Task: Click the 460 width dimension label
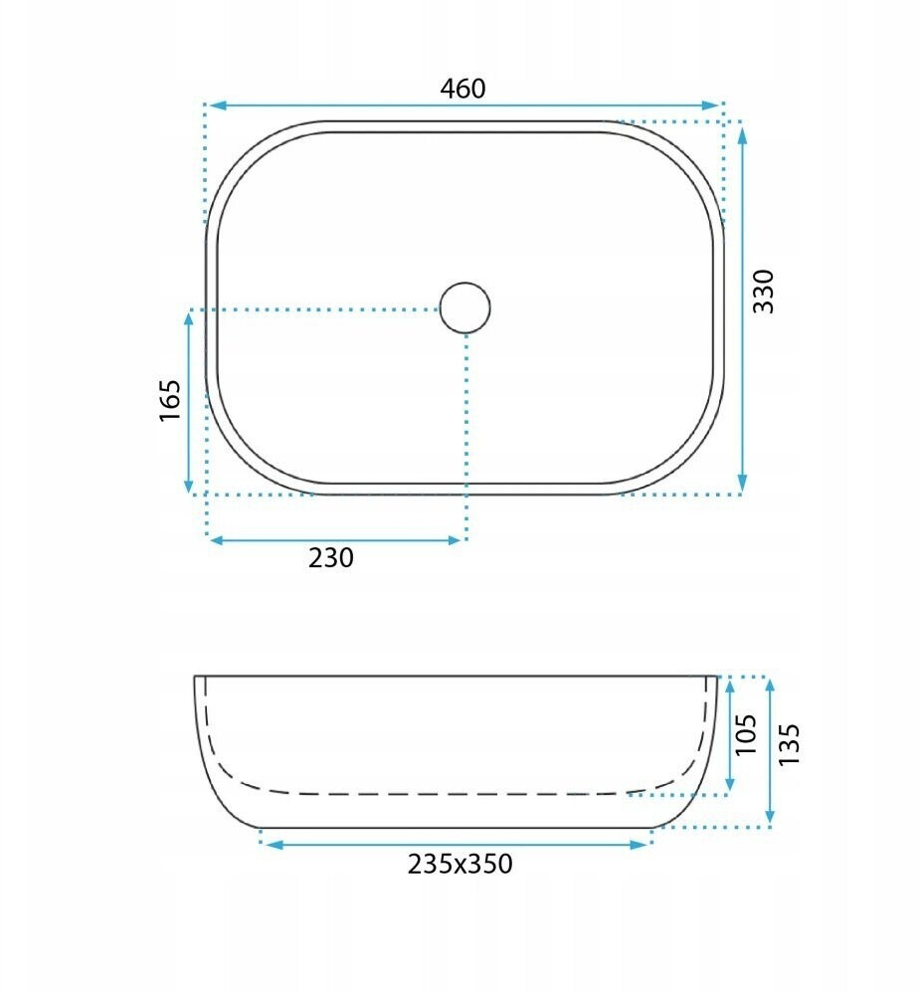[x=462, y=89]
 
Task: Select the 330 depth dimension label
[x=764, y=292]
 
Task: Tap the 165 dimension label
[x=170, y=400]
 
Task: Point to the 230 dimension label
[x=331, y=558]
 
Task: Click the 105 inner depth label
[x=746, y=734]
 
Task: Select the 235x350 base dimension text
[x=460, y=864]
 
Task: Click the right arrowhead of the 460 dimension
[x=711, y=105]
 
